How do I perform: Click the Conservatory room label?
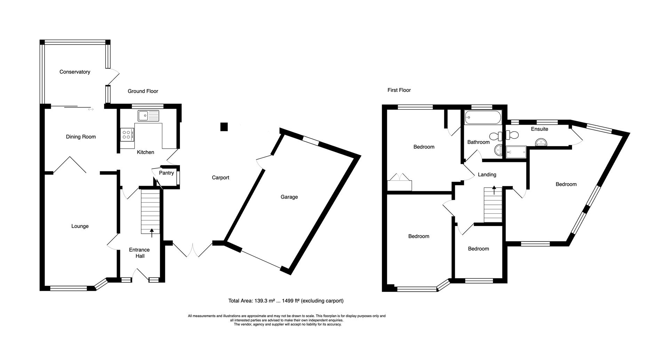[75, 72]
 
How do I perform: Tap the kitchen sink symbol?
[148, 116]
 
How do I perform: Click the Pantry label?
[166, 173]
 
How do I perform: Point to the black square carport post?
[224, 127]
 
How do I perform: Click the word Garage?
[289, 197]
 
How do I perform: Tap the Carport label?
[221, 178]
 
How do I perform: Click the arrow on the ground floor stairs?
[152, 233]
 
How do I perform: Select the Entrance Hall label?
[139, 253]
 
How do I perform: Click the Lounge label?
[80, 226]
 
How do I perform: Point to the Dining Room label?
[81, 137]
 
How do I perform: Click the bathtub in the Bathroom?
[483, 118]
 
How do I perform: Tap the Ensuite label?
[540, 129]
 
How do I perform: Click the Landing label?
[487, 174]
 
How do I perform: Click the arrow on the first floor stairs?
[494, 190]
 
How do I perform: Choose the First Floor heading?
[399, 90]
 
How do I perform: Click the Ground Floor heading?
[143, 91]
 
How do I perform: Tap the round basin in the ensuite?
[541, 141]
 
